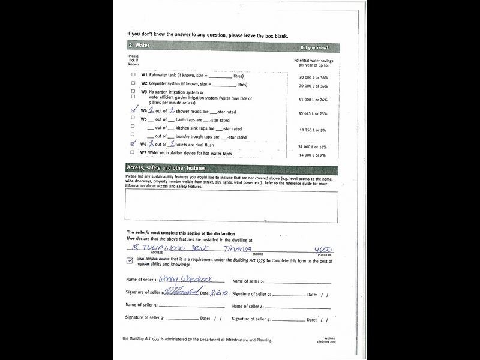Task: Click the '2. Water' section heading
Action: coord(139,46)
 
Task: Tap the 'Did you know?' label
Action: coord(314,47)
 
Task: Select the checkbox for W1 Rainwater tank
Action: coord(133,74)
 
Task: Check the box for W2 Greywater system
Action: coord(133,83)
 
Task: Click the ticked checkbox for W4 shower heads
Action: coord(133,111)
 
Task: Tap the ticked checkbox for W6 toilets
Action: coord(133,145)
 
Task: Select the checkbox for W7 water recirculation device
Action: coord(133,152)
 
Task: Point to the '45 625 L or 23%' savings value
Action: coord(313,113)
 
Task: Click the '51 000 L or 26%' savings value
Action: coord(313,100)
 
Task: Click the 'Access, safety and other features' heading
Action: coord(166,168)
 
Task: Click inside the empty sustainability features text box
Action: coord(232,206)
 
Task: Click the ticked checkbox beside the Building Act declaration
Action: coord(130,260)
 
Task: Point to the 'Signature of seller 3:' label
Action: coord(144,317)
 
